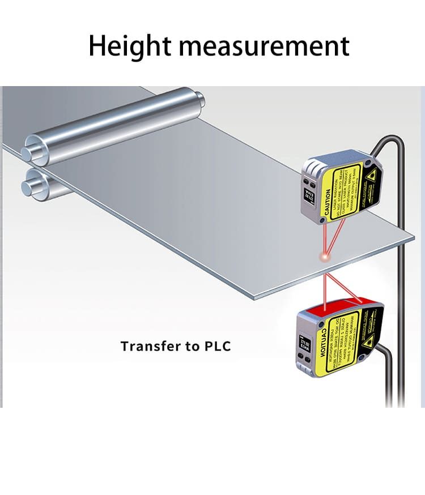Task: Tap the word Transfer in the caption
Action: [149, 346]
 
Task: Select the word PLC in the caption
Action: [217, 346]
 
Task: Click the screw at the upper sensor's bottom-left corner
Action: [322, 219]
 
